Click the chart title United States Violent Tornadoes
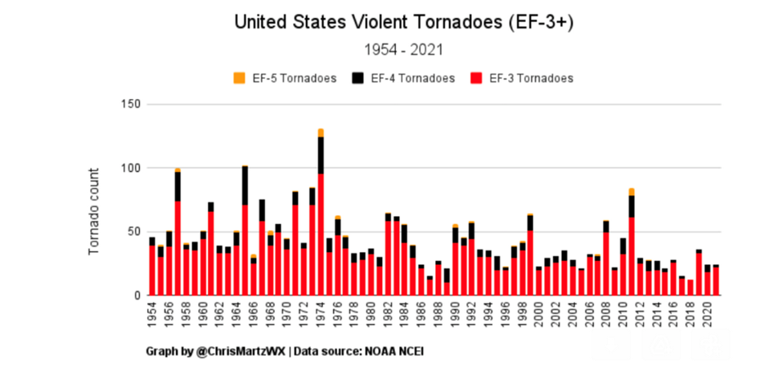404,22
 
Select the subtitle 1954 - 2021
404,50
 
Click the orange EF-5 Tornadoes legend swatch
240,79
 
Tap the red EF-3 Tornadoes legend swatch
475,79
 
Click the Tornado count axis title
94,210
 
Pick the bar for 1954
152,266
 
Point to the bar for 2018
690,287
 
